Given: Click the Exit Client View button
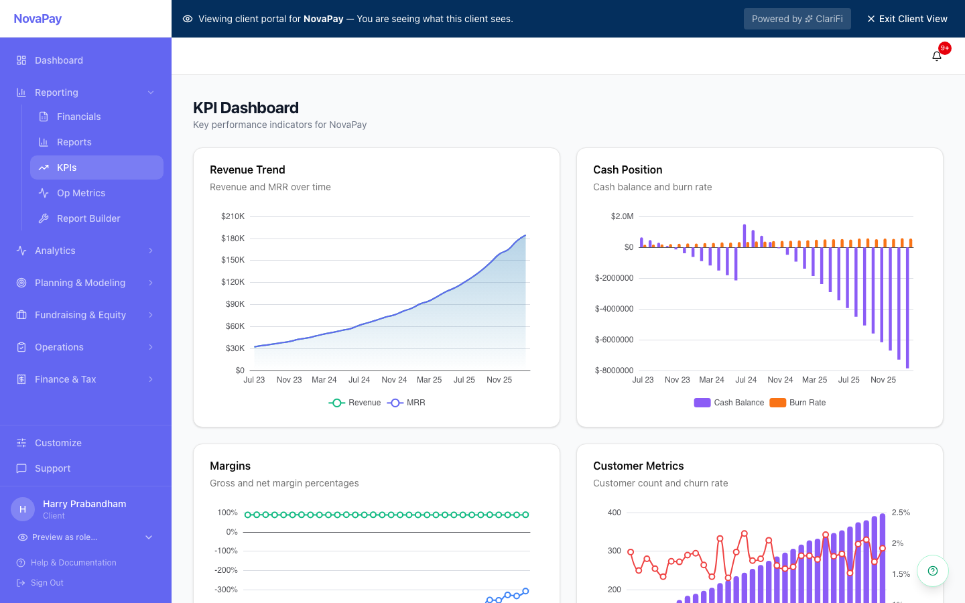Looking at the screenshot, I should pos(907,19).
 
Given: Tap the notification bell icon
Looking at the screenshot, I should pos(937,56).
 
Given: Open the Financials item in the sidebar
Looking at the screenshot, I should pos(78,117).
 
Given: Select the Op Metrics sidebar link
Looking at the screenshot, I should pos(80,193).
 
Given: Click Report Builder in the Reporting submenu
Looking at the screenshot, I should pos(88,218).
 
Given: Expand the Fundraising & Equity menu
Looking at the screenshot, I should pos(80,315).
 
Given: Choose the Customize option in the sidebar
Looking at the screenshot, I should pos(58,443).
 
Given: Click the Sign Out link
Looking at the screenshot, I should pos(47,583).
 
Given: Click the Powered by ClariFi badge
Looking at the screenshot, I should pos(797,19).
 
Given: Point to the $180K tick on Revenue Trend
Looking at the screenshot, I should pos(233,239).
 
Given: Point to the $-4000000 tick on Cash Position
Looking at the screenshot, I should pos(614,309).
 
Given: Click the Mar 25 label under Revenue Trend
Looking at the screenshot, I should pos(429,380).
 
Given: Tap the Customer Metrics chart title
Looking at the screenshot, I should pos(638,466).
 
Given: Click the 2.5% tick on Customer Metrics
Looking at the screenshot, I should pos(901,513).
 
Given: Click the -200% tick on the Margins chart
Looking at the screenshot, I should pos(226,570).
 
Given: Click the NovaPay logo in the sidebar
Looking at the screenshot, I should pos(38,19).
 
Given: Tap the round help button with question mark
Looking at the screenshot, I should pos(932,571).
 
